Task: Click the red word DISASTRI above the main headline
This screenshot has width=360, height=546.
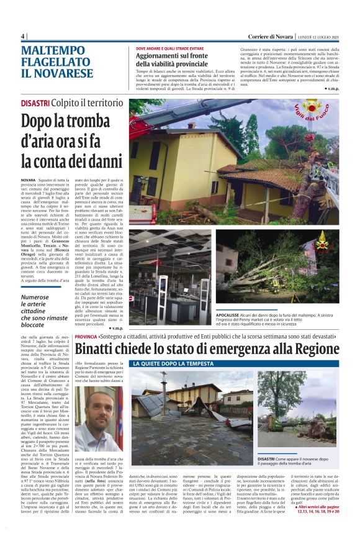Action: pyautogui.click(x=36, y=102)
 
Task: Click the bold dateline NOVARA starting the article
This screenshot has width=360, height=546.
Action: pyautogui.click(x=29, y=178)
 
